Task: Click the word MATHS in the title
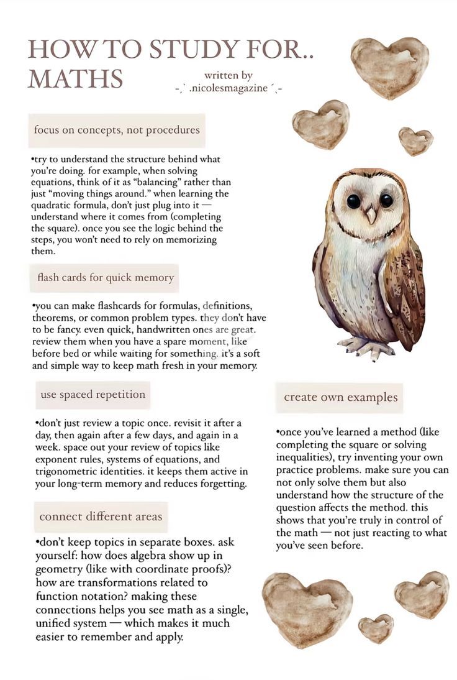75,80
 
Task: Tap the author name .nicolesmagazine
228,89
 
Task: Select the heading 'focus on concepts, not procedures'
117,130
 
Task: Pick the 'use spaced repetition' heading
93,394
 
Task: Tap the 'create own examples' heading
340,397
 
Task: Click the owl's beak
370,215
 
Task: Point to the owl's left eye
354,201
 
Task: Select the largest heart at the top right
389,66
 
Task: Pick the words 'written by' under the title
228,75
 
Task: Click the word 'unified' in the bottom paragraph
53,623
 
